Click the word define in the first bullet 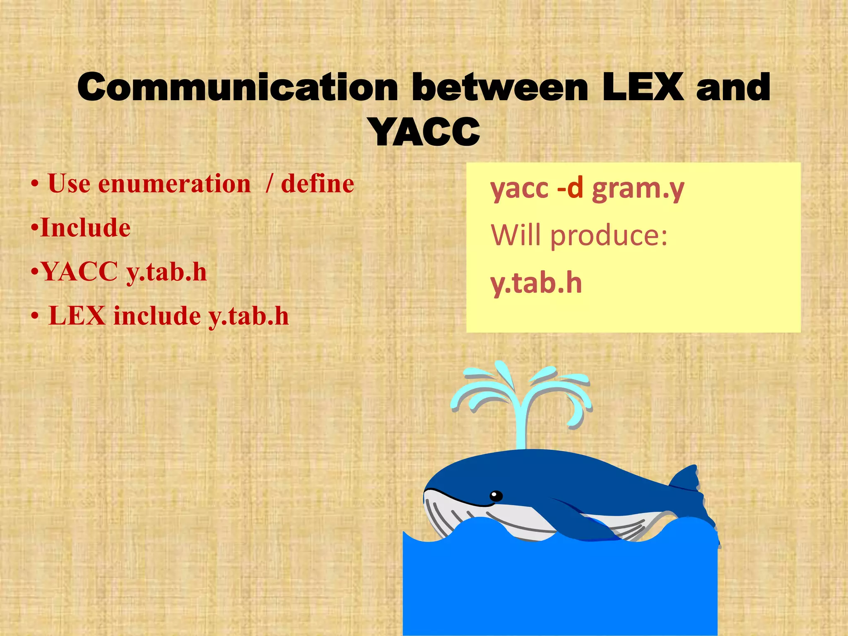[317, 183]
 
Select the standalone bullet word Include [85, 228]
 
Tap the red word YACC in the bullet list [79, 272]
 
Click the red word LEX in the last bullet [77, 316]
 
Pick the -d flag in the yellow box [570, 188]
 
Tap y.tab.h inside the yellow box [536, 283]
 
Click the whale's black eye [496, 496]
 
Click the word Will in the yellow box [516, 235]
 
